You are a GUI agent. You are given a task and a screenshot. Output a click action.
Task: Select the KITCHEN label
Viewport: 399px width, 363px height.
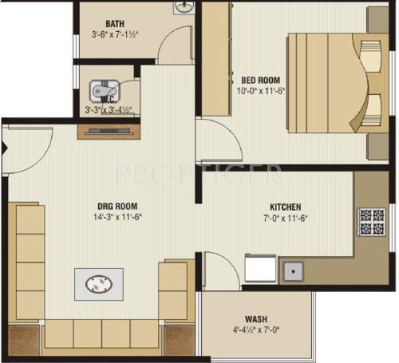click(285, 205)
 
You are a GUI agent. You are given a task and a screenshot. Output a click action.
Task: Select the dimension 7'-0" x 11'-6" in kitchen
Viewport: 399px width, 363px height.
click(285, 217)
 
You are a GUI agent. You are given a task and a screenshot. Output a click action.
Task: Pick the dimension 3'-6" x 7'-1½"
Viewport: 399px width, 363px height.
click(117, 35)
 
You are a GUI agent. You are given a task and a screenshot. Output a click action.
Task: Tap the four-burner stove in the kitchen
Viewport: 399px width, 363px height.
click(370, 222)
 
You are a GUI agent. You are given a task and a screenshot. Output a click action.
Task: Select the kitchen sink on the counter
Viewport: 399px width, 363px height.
click(293, 271)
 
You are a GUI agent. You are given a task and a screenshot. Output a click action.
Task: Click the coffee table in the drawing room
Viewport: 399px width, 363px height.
click(99, 283)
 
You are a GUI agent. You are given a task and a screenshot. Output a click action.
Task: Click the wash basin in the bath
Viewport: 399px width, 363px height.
click(184, 8)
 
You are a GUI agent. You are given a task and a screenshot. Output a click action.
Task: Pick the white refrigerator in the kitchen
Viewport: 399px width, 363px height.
click(260, 269)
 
